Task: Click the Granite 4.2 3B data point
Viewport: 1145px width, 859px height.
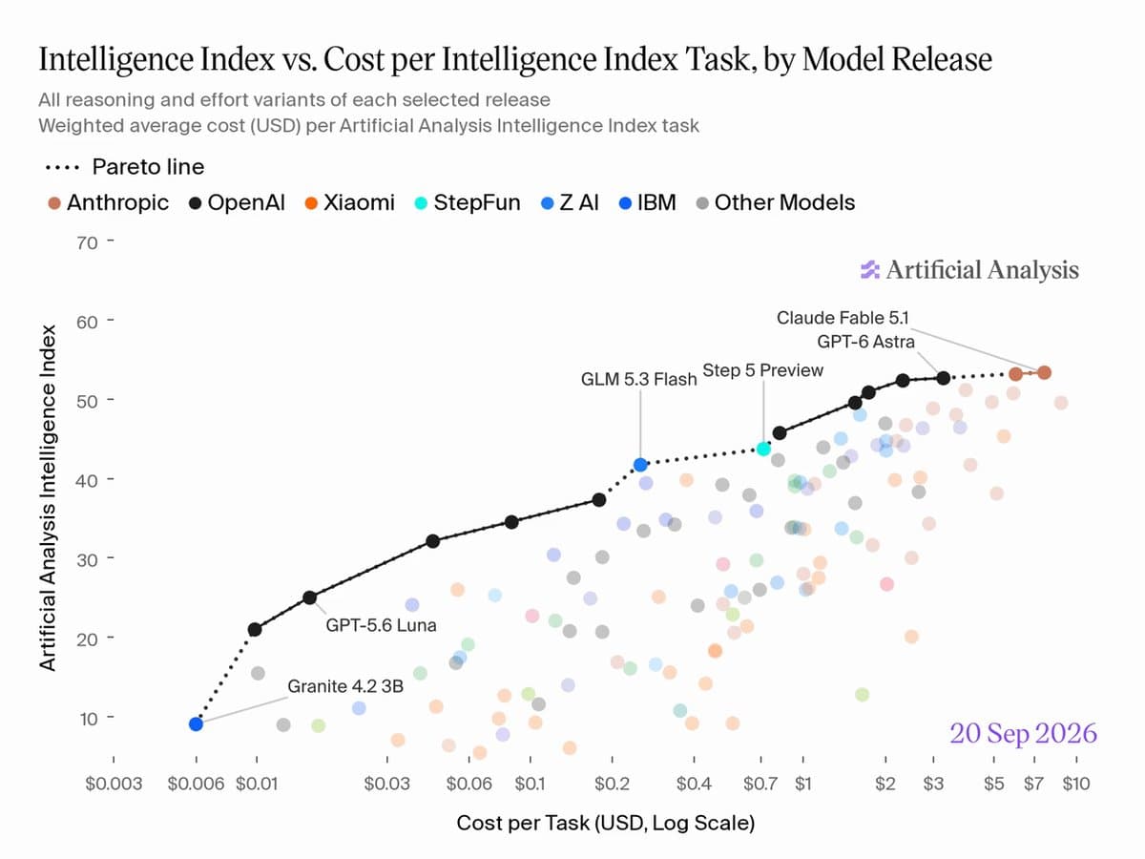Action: pyautogui.click(x=196, y=723)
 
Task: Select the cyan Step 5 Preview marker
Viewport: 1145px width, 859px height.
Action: pyautogui.click(x=763, y=449)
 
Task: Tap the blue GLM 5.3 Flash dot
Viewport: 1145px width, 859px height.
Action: pyautogui.click(x=640, y=464)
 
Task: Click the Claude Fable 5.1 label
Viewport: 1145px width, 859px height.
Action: pyautogui.click(x=843, y=318)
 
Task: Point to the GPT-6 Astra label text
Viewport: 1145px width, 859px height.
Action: pyautogui.click(x=865, y=342)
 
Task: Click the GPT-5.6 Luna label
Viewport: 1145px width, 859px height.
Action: pyautogui.click(x=381, y=625)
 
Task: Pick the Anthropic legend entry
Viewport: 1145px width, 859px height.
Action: pyautogui.click(x=109, y=202)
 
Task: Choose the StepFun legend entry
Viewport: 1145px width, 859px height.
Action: pyautogui.click(x=468, y=202)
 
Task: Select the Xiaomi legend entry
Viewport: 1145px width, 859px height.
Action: pyautogui.click(x=350, y=202)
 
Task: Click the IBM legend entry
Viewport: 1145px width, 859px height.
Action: pyautogui.click(x=647, y=202)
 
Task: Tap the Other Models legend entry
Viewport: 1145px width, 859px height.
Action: pyautogui.click(x=776, y=202)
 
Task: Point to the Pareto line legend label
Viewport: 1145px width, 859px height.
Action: pyautogui.click(x=148, y=167)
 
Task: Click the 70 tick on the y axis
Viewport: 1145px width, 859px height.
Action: pyautogui.click(x=87, y=243)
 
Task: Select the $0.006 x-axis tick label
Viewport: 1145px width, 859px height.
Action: pyautogui.click(x=196, y=784)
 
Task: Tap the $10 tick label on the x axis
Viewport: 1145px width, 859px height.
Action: pyautogui.click(x=1076, y=784)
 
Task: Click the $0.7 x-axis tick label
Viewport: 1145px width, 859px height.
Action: pyautogui.click(x=760, y=784)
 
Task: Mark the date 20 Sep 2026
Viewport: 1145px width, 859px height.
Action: pyautogui.click(x=1024, y=733)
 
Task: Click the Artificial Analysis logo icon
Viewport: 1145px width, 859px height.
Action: pyautogui.click(x=870, y=270)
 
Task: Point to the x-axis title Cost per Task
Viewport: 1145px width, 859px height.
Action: pyautogui.click(x=524, y=823)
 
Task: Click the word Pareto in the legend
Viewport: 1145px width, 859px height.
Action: pyautogui.click(x=125, y=167)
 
